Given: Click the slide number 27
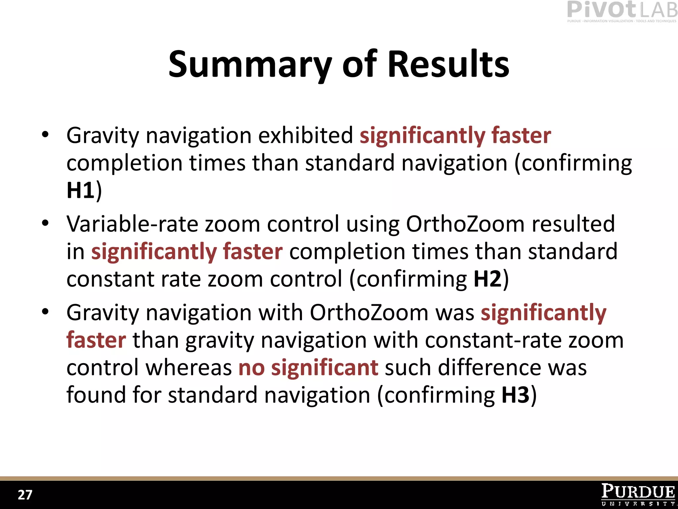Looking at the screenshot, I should point(25,495).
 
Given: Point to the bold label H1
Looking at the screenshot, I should point(80,191).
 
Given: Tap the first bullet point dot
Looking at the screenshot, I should point(45,135).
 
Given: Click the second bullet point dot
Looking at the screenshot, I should point(45,223).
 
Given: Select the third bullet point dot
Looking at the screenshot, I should point(45,312).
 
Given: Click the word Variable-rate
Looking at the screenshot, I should point(132,224).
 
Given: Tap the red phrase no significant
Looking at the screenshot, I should point(308,368).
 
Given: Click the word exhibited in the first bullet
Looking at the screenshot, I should point(306,136).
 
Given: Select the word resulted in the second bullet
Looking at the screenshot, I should point(573,224).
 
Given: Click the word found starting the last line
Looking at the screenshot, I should point(96,395).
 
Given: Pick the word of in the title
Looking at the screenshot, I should point(359,65).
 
